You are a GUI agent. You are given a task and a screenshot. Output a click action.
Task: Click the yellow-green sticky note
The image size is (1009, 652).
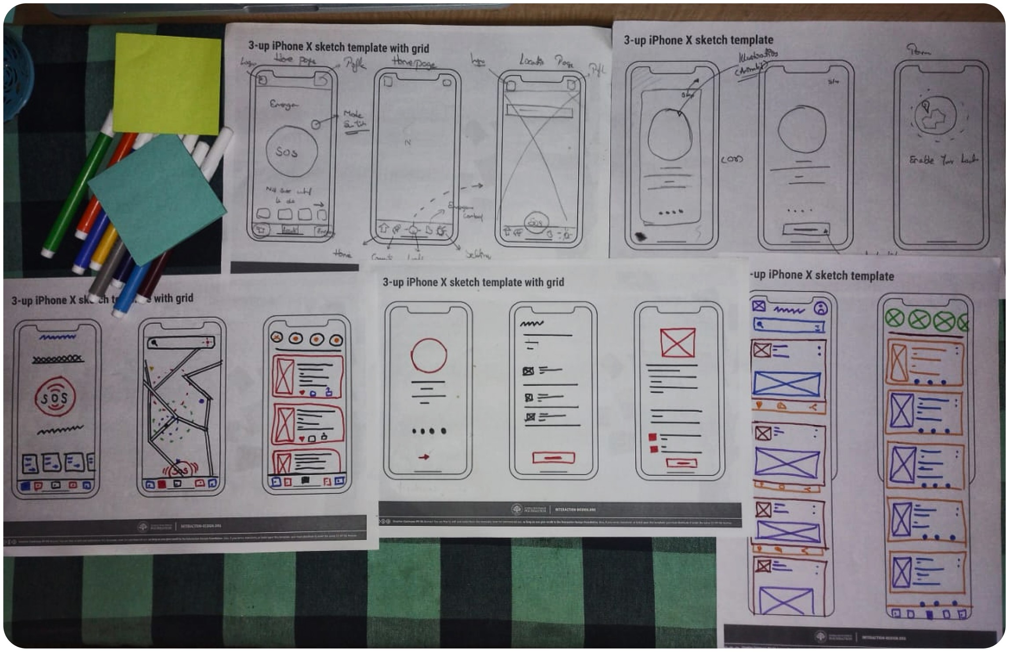167,83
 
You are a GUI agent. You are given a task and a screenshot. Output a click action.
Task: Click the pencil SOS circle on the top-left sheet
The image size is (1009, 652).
291,151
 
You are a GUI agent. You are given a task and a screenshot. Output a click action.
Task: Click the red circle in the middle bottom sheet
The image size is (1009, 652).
429,356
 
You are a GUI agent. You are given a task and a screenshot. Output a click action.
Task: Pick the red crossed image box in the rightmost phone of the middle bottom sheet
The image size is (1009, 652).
678,343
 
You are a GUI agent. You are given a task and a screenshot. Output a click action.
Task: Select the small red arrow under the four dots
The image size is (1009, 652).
424,457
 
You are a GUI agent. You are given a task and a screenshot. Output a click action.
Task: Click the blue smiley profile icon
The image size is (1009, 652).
820,308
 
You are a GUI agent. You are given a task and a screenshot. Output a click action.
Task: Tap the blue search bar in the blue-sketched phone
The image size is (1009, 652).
788,326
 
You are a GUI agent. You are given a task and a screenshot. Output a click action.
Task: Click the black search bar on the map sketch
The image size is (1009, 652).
181,342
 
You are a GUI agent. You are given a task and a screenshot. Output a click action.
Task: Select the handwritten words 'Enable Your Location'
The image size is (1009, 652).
943,160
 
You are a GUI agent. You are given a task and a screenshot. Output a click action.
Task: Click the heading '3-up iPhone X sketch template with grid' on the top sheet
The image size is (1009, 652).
339,47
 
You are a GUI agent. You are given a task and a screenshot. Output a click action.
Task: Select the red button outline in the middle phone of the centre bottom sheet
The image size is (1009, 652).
554,458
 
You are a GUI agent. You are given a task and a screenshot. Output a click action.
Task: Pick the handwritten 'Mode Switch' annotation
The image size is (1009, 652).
355,120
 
